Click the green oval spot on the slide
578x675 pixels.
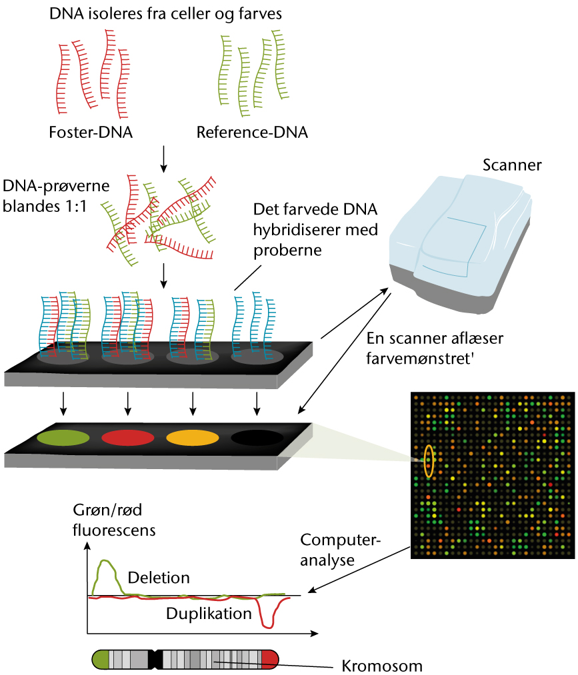62,438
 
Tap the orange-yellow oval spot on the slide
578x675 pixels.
192,438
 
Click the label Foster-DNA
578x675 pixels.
91,132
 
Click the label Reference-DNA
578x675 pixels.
252,132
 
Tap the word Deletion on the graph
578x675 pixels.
159,577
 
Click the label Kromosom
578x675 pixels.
382,666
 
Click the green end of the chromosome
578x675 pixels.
101,660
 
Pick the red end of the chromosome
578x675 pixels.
270,660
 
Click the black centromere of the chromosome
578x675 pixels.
156,660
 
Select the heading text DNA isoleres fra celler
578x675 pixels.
166,13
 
